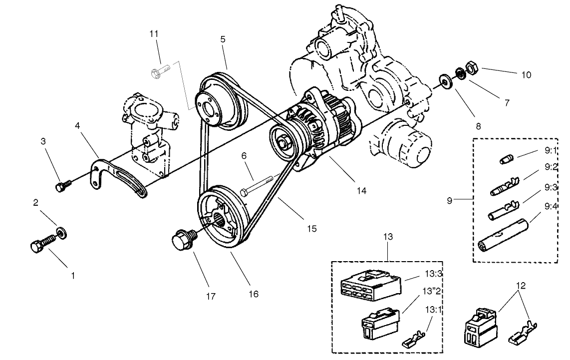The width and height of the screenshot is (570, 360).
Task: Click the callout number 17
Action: (211, 296)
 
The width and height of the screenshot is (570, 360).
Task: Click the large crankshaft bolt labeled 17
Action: (184, 239)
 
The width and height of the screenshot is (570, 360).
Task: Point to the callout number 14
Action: (361, 190)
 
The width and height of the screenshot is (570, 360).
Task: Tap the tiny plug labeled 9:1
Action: (506, 159)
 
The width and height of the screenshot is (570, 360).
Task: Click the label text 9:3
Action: (551, 187)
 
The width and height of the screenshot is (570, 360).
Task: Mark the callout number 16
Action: (254, 294)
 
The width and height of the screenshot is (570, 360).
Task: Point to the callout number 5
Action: (223, 38)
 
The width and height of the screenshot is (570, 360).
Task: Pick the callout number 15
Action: (311, 229)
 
